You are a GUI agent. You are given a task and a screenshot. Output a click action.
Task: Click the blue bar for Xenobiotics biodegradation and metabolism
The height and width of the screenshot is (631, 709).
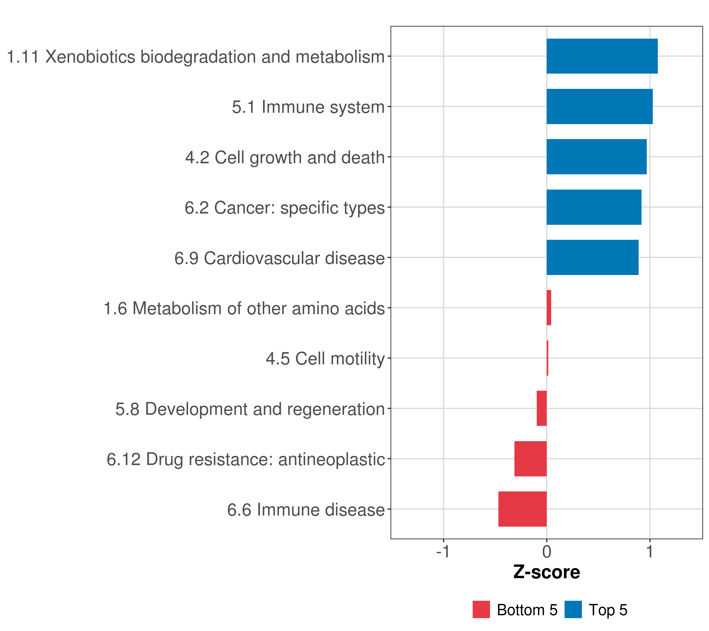602,56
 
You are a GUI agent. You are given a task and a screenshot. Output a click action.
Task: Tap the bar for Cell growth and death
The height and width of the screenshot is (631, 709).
597,157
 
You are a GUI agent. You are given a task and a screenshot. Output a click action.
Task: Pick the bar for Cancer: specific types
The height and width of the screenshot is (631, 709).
594,207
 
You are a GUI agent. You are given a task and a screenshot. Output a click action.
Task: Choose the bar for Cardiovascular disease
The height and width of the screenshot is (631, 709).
592,257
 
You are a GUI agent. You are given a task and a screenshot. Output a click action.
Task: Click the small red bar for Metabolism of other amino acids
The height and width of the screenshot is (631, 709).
549,308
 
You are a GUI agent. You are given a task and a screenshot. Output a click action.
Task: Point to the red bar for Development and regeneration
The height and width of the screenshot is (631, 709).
542,408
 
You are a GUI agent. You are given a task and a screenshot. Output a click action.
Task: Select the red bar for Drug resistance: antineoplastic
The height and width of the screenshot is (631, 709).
530,459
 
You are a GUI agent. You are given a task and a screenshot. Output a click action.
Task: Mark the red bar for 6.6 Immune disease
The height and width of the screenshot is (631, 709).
522,509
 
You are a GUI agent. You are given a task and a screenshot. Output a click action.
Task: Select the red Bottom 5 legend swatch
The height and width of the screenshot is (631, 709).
481,609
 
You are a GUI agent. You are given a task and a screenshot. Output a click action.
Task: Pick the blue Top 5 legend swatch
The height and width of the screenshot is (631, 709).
573,609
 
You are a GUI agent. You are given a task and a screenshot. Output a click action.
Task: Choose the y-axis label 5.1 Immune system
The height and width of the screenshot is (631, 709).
308,107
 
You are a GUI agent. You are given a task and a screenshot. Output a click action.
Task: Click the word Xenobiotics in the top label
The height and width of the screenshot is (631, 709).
90,57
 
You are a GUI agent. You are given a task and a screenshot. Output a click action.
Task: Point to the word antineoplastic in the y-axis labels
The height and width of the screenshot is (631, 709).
332,459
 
